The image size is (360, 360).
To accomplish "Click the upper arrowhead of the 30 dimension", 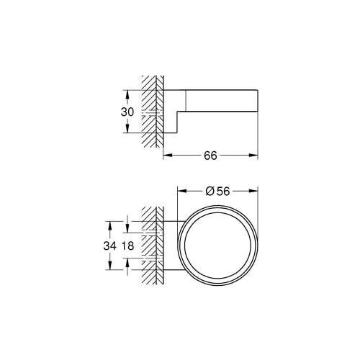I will coord(127,91).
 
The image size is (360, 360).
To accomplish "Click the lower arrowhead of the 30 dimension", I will coord(127,132).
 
